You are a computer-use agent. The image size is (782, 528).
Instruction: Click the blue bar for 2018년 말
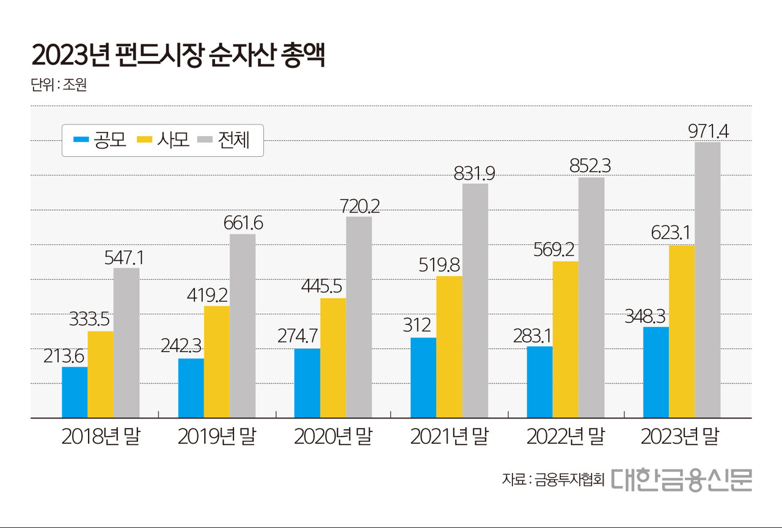click(75, 392)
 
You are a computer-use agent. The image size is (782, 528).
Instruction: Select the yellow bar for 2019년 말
click(217, 362)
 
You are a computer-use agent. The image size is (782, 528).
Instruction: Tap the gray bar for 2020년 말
click(359, 317)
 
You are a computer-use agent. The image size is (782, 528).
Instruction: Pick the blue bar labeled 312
click(423, 378)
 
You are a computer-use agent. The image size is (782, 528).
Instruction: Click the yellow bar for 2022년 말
click(565, 340)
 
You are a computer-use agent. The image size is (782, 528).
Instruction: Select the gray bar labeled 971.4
click(707, 280)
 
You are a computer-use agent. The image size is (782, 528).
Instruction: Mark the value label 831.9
click(474, 173)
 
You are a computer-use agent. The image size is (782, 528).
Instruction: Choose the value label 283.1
click(539, 335)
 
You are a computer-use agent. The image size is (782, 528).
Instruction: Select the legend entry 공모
click(100, 140)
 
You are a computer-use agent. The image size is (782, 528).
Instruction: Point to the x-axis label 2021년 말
click(449, 437)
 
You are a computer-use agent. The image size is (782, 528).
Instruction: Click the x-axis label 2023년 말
click(681, 437)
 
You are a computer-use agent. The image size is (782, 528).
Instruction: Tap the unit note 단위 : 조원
click(59, 84)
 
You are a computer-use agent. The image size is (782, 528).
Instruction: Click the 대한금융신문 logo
click(682, 480)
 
